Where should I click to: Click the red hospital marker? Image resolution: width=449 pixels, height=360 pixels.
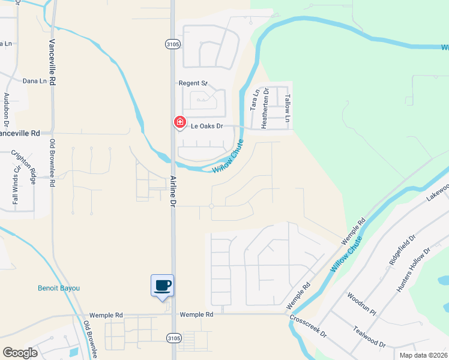(179, 122)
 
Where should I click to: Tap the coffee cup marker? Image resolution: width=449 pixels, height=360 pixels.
(162, 285)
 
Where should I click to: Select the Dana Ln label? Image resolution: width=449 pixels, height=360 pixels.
(34, 81)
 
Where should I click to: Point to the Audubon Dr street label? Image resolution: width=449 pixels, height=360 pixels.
(7, 108)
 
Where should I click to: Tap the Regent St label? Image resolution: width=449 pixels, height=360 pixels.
(193, 83)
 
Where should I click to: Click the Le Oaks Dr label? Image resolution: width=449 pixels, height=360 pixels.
(207, 127)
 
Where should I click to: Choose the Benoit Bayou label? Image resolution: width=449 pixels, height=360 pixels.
(59, 288)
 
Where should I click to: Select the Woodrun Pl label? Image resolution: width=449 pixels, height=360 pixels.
(361, 305)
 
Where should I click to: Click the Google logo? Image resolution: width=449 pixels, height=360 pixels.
(20, 353)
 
